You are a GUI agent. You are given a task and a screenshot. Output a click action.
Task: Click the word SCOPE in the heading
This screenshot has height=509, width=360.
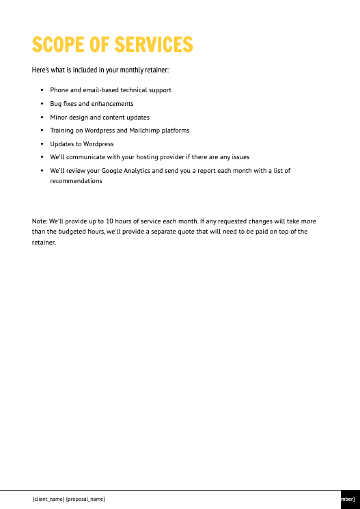point(58,45)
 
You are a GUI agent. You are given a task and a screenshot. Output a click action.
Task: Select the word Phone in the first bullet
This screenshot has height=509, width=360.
point(59,90)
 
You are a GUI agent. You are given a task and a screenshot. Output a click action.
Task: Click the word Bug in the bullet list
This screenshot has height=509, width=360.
point(55,104)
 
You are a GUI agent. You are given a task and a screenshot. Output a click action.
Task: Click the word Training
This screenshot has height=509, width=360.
point(61,130)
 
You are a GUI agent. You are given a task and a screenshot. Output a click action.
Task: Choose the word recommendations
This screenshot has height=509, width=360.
point(76,181)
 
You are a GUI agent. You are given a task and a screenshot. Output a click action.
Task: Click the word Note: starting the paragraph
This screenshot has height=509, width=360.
point(40,221)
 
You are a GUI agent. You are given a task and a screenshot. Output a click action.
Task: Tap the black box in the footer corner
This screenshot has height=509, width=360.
point(350,499)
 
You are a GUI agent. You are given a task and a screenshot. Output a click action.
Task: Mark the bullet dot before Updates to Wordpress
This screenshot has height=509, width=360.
point(42,144)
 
